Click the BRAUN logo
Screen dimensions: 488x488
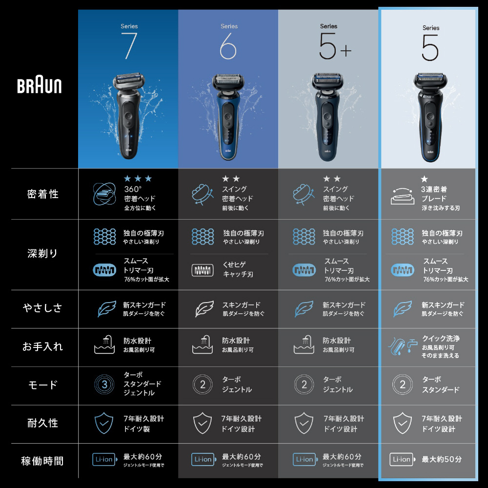[39, 86]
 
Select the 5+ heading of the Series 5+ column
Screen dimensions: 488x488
[335, 47]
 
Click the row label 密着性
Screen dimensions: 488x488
[42, 194]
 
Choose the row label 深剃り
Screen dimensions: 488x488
[42, 254]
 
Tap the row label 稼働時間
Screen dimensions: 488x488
[42, 461]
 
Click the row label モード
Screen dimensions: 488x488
[42, 385]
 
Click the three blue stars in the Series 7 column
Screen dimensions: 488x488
[138, 178]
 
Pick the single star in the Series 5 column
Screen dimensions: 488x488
[424, 179]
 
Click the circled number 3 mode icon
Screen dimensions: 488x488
[104, 385]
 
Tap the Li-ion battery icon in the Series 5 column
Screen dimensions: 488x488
[402, 459]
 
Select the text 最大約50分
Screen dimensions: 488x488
[442, 459]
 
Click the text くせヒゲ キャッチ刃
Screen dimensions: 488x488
[238, 269]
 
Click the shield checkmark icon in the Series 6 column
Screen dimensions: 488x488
[203, 423]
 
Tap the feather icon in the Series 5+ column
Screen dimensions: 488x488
[304, 309]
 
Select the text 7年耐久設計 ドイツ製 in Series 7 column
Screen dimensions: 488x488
[144, 424]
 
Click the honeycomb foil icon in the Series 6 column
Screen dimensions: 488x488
[203, 237]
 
